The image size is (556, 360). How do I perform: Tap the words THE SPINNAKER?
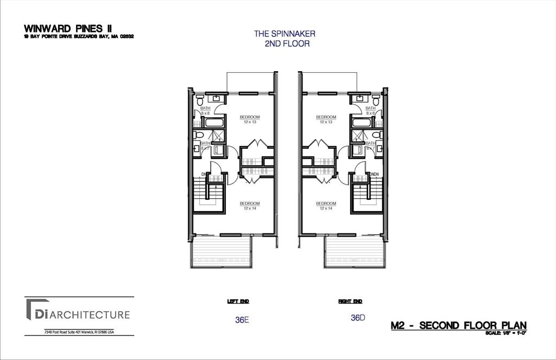click(x=285, y=34)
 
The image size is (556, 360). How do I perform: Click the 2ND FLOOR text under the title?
click(x=287, y=43)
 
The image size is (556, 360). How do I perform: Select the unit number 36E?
click(x=242, y=320)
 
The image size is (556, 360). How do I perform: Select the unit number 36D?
click(x=358, y=318)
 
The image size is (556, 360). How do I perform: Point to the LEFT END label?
click(x=237, y=301)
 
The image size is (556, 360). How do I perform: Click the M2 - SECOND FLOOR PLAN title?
click(x=458, y=325)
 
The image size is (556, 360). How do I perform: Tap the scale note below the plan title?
click(x=506, y=333)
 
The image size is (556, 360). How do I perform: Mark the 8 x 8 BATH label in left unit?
click(x=205, y=110)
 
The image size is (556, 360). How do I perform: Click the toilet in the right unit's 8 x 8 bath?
click(x=376, y=101)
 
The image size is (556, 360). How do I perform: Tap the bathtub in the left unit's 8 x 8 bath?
click(x=210, y=122)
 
